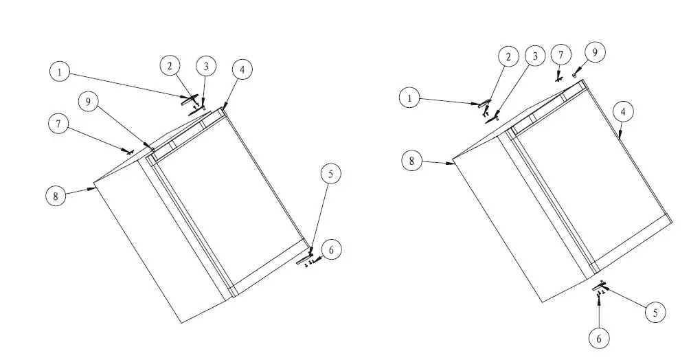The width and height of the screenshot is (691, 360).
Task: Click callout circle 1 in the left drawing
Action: [60, 71]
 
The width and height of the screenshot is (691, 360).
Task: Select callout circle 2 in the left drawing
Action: [170, 66]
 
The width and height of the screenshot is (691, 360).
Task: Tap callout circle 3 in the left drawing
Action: [205, 67]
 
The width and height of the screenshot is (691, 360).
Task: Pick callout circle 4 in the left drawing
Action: [242, 69]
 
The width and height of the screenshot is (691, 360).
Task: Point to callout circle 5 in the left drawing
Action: [330, 175]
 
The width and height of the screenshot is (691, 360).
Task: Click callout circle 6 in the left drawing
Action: [331, 250]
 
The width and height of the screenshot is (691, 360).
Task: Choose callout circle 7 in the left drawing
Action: [59, 124]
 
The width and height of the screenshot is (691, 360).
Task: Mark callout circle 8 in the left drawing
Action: [56, 196]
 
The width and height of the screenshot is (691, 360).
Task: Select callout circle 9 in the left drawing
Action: [87, 102]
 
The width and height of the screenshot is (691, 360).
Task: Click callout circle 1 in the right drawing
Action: [410, 98]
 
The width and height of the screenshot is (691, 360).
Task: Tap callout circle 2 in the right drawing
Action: [508, 57]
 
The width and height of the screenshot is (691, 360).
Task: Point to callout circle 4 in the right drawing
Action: [622, 111]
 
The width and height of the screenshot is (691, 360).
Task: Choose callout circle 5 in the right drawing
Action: [655, 313]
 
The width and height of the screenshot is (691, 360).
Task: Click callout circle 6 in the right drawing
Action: [600, 337]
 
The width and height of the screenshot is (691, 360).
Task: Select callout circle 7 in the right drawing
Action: [561, 54]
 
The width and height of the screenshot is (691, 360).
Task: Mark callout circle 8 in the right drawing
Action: [411, 161]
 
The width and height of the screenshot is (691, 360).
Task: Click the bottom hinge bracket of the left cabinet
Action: [304, 260]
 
